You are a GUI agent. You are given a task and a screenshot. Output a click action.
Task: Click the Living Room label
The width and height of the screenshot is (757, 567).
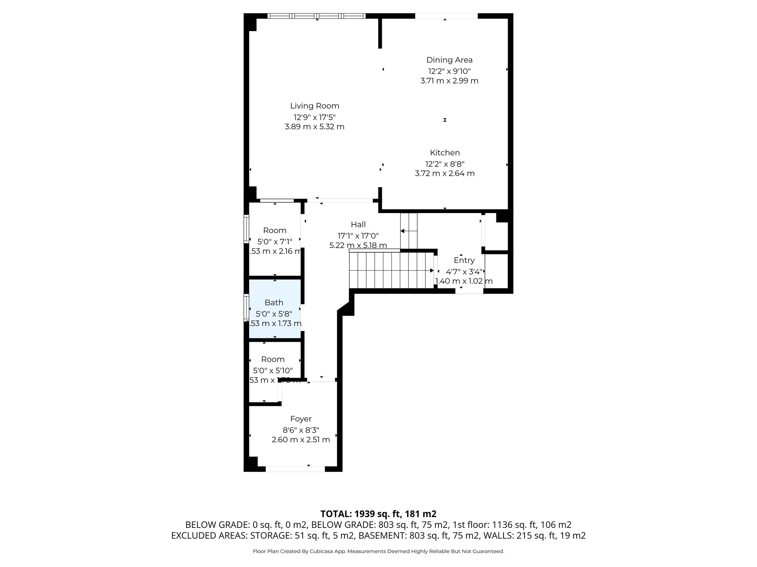pos(315,106)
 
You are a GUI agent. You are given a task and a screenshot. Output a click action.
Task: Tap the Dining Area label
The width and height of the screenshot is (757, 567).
pos(449,60)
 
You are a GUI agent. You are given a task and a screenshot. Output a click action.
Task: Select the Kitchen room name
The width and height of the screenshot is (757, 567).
pos(445,152)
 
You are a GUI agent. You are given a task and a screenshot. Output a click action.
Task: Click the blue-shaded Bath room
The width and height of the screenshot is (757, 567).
pos(274,308)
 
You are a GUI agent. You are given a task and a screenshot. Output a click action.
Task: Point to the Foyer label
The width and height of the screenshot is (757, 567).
pos(301,419)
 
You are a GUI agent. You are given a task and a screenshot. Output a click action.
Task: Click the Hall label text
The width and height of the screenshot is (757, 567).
pos(358,224)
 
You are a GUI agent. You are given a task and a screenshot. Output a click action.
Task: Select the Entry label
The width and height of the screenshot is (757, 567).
pos(464,260)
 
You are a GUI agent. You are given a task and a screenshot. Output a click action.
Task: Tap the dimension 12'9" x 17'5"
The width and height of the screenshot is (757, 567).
pos(315,117)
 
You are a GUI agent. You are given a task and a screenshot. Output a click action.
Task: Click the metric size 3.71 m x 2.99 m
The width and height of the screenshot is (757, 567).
pos(449,80)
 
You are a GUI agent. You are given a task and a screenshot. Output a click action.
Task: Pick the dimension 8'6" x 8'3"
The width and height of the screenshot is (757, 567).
pos(301,430)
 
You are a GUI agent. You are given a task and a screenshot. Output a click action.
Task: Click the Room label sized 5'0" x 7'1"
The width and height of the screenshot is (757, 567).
pos(275,230)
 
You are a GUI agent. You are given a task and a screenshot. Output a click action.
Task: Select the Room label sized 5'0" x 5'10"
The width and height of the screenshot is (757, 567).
pos(273,359)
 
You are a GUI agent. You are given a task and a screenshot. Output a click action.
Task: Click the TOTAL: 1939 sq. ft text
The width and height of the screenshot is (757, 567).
pos(378,514)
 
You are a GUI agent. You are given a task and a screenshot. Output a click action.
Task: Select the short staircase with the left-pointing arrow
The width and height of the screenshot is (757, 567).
pos(409,231)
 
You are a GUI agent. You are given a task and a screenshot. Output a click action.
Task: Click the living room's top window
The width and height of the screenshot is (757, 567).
pos(316,16)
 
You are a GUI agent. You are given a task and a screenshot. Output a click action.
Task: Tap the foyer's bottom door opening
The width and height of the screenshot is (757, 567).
pos(295,469)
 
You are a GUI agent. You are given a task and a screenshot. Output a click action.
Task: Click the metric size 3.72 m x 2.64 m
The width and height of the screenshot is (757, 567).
pos(445,173)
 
